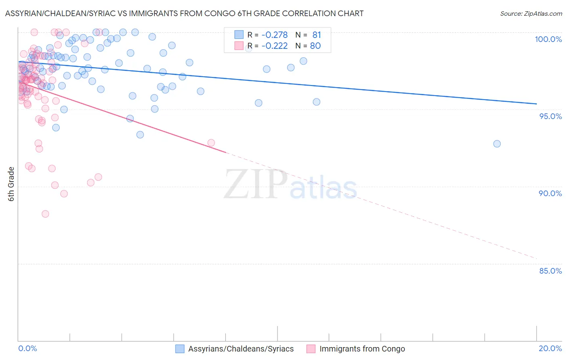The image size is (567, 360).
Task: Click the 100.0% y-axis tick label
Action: pos(548,39)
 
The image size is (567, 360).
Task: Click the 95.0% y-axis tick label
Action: pos(550,116)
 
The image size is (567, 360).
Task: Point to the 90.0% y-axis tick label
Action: pos(550,193)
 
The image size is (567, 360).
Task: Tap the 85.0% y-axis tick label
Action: pos(550,271)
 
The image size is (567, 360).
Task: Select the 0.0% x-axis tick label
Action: pos(27,348)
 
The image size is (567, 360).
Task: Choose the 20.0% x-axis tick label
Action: pos(550,348)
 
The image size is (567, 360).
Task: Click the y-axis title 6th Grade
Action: pos(11,184)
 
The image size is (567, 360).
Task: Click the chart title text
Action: pos(184,13)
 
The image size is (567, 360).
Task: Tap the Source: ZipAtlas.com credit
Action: pos(531,13)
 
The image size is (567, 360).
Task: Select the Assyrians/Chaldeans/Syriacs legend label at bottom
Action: pos(241,349)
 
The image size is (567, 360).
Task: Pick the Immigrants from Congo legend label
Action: pos(362,349)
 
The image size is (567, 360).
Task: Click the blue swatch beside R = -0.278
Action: pos(239,35)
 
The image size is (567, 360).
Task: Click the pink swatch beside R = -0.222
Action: pos(239,46)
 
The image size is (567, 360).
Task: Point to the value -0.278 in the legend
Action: pos(274,35)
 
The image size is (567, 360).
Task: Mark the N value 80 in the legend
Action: pos(315,46)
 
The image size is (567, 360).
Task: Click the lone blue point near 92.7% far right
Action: pos(497,144)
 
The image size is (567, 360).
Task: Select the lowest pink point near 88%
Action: pos(45,214)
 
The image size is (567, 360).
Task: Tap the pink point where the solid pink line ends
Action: pos(211,142)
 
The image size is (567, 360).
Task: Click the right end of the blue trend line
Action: pos(536,104)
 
